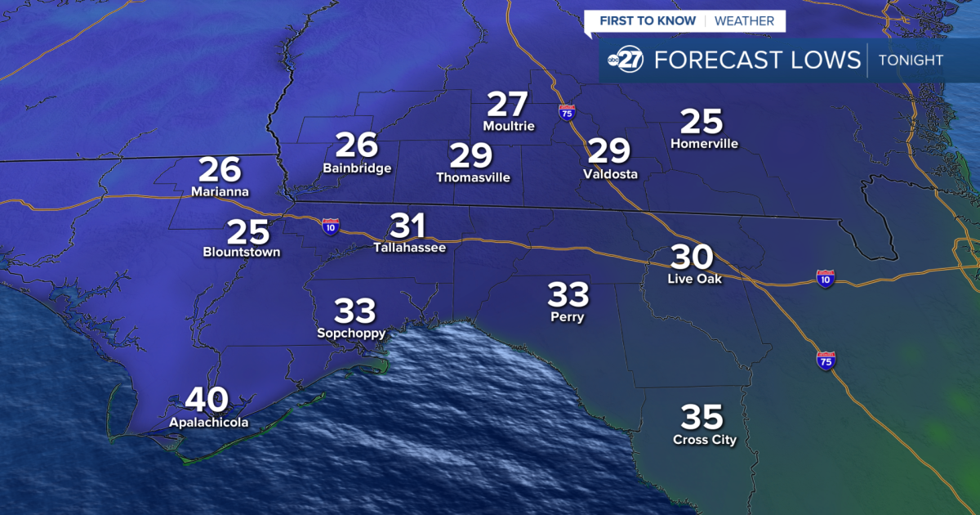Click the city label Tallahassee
tap(409, 247)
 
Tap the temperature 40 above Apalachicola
tap(207, 400)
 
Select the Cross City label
tap(704, 441)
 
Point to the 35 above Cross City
tap(702, 418)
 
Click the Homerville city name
tap(704, 144)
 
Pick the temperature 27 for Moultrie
tap(508, 105)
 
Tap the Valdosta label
tap(610, 174)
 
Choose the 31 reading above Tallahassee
tap(409, 226)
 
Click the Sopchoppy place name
tap(351, 333)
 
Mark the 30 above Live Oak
tap(692, 257)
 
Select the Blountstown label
tap(242, 253)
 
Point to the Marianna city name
tap(220, 192)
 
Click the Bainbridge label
tap(357, 168)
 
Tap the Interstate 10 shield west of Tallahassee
tap(330, 226)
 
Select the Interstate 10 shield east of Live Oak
tap(825, 279)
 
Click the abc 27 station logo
tap(626, 60)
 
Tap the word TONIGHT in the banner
tap(911, 60)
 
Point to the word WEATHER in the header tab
tap(744, 20)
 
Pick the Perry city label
tap(568, 317)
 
